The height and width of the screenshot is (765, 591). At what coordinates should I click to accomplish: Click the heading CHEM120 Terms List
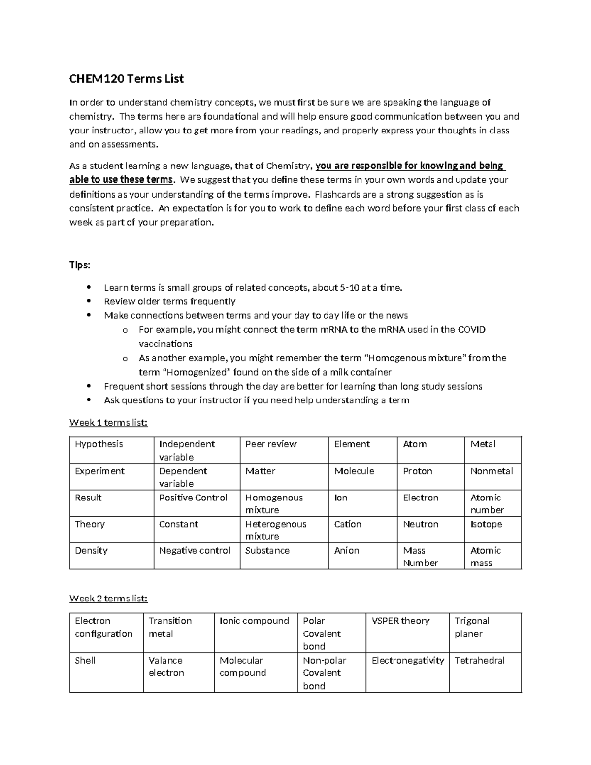click(x=127, y=79)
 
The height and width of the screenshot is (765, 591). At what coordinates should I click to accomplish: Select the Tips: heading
click(x=80, y=265)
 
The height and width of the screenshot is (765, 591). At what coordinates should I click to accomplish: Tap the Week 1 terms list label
click(x=108, y=422)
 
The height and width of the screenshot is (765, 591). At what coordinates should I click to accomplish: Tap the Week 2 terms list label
click(x=108, y=599)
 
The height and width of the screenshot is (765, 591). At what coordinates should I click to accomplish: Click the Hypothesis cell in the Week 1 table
click(x=99, y=444)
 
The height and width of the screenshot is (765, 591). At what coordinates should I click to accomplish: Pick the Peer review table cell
click(x=271, y=444)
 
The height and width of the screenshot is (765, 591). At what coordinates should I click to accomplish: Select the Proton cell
click(x=418, y=471)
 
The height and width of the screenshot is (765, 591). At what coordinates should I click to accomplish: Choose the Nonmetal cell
click(x=492, y=471)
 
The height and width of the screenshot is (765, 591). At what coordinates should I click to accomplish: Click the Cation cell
click(x=348, y=524)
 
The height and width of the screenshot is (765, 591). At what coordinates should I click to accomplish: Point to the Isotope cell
click(x=486, y=524)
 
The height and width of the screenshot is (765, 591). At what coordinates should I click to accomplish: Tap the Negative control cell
click(x=195, y=551)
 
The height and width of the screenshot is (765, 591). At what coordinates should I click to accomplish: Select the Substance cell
click(x=267, y=551)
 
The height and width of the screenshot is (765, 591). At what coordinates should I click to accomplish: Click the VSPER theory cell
click(x=400, y=621)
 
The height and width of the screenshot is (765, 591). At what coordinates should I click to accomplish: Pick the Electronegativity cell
click(x=408, y=661)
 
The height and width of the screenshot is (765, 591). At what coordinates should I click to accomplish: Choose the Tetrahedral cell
click(x=479, y=661)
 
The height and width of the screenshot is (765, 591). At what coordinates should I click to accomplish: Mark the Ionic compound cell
click(x=254, y=621)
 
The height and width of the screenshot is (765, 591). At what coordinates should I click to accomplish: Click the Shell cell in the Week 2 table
click(x=85, y=661)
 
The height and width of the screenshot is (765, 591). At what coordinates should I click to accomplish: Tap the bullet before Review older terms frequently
click(x=89, y=301)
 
